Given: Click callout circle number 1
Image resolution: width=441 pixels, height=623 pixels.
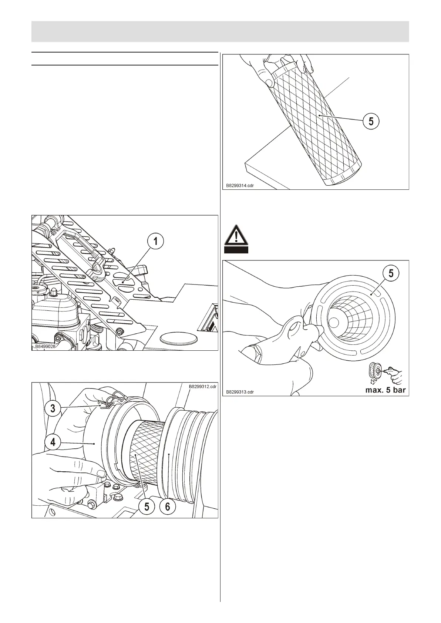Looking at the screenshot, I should [x=155, y=242].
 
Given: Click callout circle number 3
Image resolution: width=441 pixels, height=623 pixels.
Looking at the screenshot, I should [x=53, y=408].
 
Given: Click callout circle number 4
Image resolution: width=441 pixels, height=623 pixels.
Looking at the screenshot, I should [x=53, y=441].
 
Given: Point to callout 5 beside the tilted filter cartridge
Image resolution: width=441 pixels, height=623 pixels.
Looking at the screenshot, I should [x=371, y=121].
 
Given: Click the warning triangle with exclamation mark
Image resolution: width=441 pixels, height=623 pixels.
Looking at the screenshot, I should [x=236, y=235].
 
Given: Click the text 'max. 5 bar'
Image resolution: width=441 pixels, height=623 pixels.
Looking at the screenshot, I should [x=386, y=390].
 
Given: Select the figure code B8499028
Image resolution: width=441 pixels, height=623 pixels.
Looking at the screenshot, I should [x=45, y=347].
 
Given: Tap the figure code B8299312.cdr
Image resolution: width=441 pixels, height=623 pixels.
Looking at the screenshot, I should [x=202, y=387].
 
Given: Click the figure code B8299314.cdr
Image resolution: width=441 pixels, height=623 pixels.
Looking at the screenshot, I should [x=240, y=185].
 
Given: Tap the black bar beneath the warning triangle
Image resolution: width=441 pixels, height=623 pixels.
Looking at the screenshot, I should [x=236, y=250].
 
